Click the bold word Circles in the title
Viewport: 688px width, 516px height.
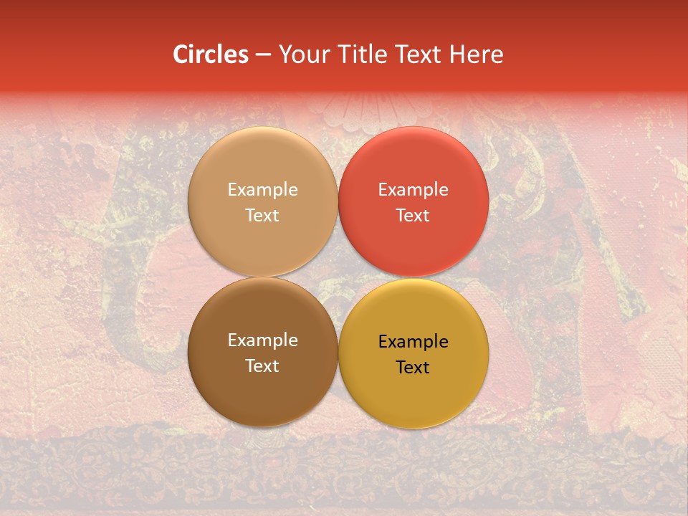[211, 54]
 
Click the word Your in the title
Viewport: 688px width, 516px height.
[303, 54]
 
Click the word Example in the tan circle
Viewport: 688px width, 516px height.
[262, 189]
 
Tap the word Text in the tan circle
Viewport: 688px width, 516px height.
[262, 215]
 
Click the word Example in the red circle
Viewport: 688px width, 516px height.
[413, 189]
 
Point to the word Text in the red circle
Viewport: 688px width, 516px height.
[413, 215]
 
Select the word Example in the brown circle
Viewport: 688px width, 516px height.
[262, 340]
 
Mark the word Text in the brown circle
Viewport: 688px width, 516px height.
[262, 365]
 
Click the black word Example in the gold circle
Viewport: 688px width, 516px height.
[413, 341]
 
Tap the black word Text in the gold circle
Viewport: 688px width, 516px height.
[413, 367]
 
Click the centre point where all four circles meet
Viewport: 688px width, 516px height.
[338, 277]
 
